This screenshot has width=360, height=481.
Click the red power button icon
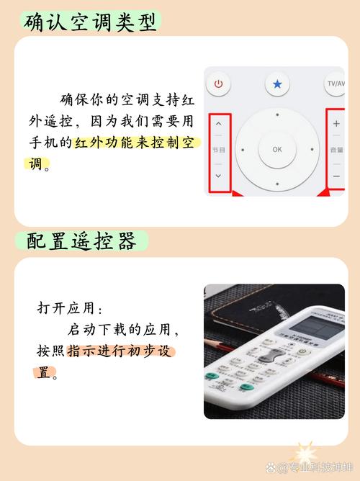219,84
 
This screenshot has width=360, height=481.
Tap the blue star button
277,84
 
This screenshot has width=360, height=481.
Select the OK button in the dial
277,149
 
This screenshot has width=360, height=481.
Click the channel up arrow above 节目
219,124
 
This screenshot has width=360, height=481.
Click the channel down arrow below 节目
219,176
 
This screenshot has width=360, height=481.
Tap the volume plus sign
336,124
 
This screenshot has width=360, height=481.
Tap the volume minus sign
336,176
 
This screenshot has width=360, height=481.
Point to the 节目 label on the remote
219,150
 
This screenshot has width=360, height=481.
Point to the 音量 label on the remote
336,150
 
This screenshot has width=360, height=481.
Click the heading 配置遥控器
81,241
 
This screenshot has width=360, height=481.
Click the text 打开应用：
70,308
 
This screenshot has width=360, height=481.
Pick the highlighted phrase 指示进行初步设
121,352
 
